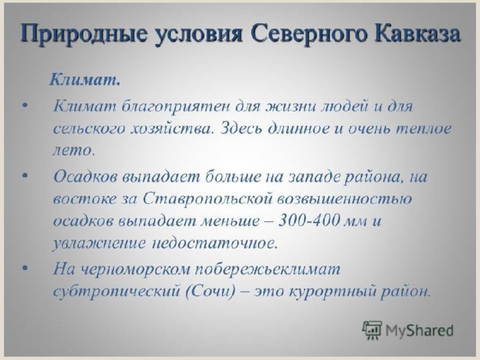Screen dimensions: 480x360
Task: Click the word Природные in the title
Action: (x=83, y=34)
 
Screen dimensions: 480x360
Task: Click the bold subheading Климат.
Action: (x=85, y=80)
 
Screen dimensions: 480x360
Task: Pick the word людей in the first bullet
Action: (x=344, y=106)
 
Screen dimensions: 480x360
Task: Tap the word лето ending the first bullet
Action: (x=73, y=150)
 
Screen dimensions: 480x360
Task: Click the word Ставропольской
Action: (x=208, y=199)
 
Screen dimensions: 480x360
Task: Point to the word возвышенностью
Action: (x=344, y=199)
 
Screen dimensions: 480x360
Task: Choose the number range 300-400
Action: (x=309, y=220)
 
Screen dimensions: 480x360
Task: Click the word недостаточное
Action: (x=215, y=243)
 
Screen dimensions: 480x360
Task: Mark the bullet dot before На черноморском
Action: (x=25, y=268)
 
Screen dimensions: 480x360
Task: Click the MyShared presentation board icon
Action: (x=372, y=330)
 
